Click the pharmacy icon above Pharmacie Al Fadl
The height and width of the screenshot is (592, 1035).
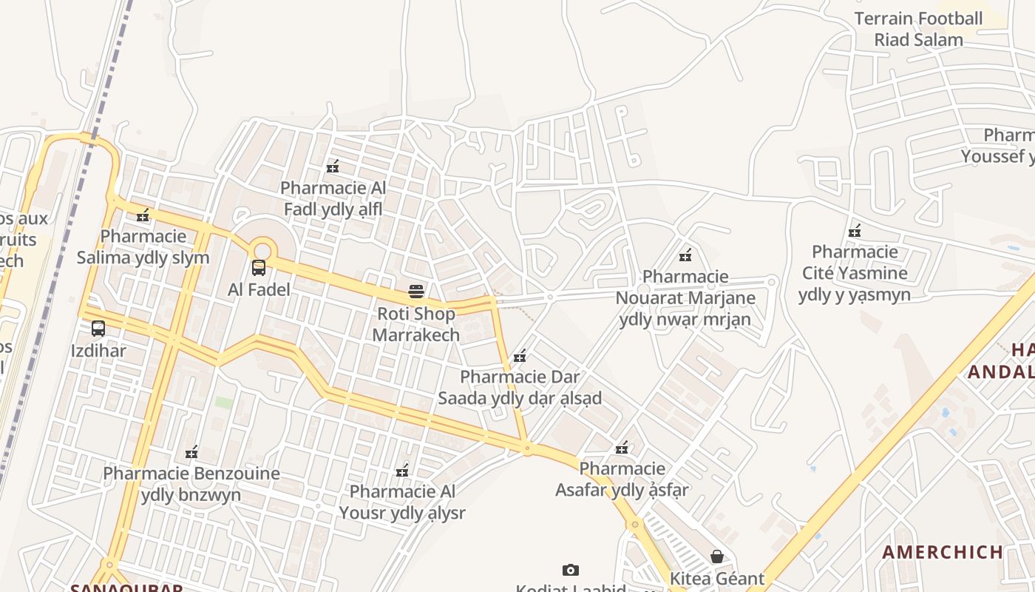click(333, 166)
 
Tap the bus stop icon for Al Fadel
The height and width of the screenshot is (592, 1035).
click(259, 268)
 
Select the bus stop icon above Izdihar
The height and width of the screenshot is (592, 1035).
click(98, 329)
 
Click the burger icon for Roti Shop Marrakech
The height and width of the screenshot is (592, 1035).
click(416, 292)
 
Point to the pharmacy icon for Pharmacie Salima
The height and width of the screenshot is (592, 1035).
click(143, 215)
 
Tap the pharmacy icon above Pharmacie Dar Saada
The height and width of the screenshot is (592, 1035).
click(520, 356)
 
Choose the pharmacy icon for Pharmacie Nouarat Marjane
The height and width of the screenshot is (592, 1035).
click(685, 255)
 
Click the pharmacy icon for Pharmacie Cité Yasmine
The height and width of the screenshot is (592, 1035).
click(855, 231)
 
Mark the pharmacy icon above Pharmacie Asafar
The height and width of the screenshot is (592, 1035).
click(622, 448)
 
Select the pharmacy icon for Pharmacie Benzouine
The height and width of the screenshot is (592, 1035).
click(191, 452)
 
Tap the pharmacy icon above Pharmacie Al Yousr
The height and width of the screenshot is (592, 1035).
click(402, 470)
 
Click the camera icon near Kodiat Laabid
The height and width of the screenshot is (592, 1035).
click(570, 570)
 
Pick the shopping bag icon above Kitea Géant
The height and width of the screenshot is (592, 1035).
click(716, 556)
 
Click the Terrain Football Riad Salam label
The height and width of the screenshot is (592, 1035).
click(919, 29)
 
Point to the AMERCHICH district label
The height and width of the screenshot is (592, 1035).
click(943, 552)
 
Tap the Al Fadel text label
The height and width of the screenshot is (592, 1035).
click(259, 289)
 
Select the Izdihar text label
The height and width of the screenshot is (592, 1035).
click(98, 350)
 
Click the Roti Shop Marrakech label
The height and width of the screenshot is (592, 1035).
click(415, 324)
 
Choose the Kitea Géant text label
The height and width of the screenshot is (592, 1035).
click(716, 579)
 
